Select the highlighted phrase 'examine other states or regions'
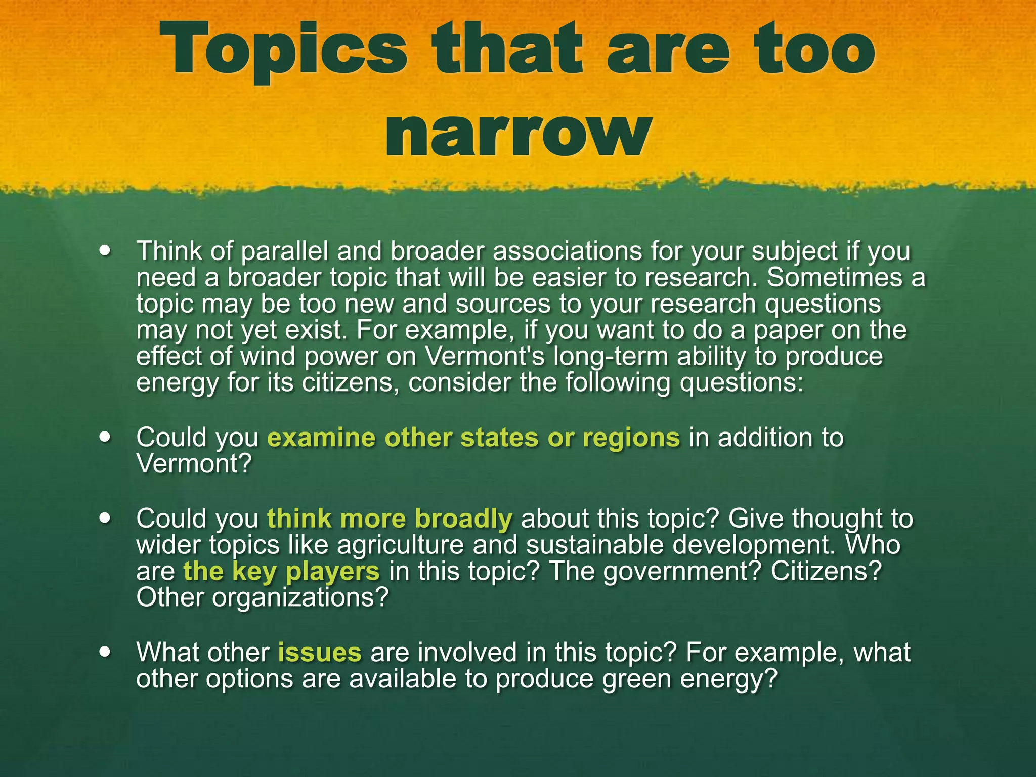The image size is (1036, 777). tap(473, 438)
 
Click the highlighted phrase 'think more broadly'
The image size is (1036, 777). tap(390, 519)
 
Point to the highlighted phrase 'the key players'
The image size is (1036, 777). tap(281, 572)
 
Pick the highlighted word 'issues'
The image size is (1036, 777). tap(320, 653)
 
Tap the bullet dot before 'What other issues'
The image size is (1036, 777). tap(105, 652)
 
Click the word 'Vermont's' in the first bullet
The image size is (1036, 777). tap(485, 356)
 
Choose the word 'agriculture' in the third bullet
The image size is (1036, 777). tap(400, 545)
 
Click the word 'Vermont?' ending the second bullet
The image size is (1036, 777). tap(194, 464)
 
